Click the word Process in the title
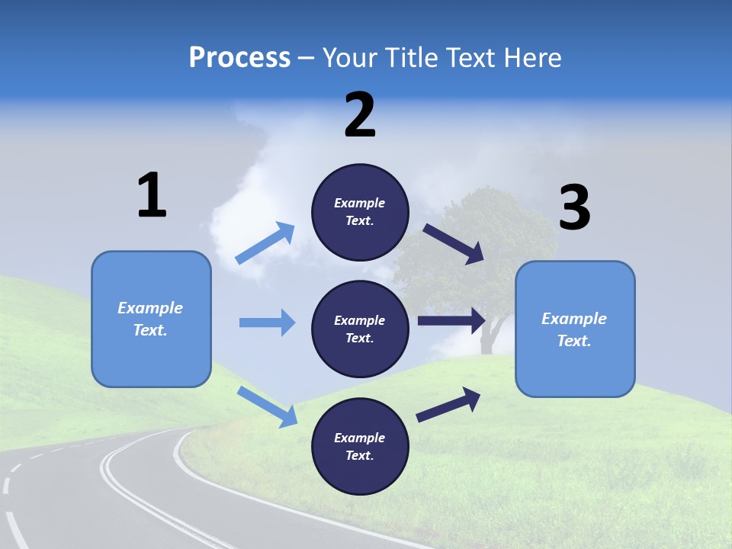coord(239,58)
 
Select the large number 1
coord(152,196)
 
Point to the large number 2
coord(360,115)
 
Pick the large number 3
coord(574,208)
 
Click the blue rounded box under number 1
coord(151,319)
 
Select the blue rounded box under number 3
coord(575,329)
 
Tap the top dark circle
coord(360,212)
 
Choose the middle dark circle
coord(360,329)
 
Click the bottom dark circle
coord(360,446)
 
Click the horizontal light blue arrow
coord(267,323)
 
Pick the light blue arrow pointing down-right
coord(268,406)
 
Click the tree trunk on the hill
coord(488,335)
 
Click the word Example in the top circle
coord(359,203)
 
